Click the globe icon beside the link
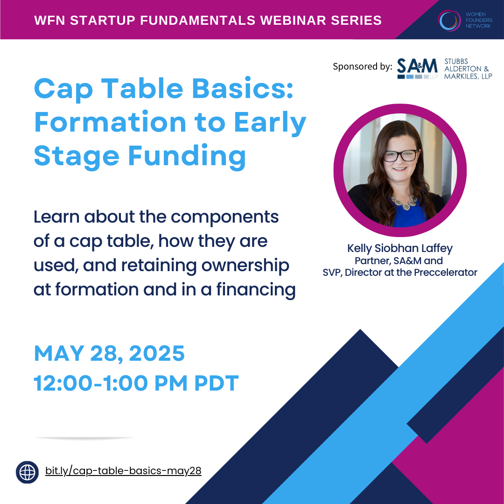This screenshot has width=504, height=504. click(28, 472)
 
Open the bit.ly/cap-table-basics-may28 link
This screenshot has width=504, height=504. click(123, 471)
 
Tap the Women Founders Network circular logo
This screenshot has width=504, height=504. click(449, 20)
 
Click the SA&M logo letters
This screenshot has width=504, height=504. click(417, 66)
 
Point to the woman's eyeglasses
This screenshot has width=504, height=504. click(401, 155)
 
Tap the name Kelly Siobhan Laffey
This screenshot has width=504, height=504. click(400, 248)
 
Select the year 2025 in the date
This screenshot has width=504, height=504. click(157, 354)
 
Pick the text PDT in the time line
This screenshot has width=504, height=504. click(217, 383)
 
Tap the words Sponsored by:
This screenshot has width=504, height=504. click(362, 67)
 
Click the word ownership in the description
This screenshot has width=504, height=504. click(245, 266)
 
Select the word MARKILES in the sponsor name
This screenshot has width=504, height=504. click(459, 76)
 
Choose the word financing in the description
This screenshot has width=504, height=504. click(256, 290)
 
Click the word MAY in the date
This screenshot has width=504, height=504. click(59, 354)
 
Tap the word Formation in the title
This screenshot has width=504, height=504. click(110, 122)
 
